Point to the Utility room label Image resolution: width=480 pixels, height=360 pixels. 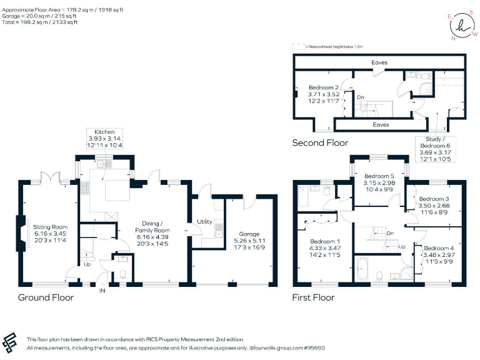[x=204, y=222]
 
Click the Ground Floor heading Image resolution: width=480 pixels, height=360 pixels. [x=46, y=297]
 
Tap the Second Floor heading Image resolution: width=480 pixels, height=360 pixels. [x=320, y=143]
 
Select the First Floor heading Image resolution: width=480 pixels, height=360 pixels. [x=313, y=297]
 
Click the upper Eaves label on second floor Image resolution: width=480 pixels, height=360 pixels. [x=379, y=62]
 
